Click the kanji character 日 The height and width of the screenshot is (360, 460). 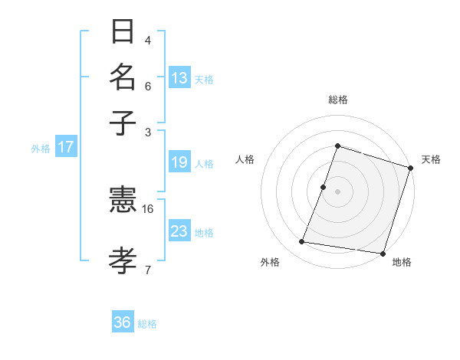123,32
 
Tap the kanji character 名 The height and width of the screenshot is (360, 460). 123,77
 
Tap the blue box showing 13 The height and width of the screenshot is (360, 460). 179,78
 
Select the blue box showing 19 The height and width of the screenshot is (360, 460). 179,162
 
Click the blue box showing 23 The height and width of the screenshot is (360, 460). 179,231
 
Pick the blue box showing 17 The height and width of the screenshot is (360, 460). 66,147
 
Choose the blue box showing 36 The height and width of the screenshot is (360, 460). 123,322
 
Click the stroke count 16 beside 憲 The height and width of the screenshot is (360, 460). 148,208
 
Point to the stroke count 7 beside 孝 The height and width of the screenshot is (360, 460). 148,269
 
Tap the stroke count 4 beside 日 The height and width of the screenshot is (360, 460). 148,41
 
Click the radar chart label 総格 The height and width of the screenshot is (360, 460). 337,100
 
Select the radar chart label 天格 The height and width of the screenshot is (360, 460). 431,159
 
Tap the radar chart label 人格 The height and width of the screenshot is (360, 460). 245,159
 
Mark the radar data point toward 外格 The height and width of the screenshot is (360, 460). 302,242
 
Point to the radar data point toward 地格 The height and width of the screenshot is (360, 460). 382,253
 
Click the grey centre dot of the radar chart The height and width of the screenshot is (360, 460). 337,191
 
